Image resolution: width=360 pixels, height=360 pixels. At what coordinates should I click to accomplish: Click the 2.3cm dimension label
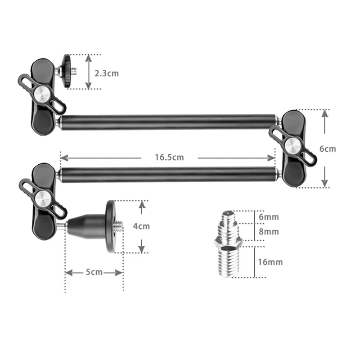point(107,73)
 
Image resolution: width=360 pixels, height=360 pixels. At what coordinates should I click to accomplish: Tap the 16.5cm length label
point(169,157)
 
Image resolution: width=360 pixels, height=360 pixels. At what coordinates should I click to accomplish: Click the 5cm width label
point(94,272)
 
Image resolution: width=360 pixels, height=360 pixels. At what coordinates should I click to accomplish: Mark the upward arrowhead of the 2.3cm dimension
point(89,58)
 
